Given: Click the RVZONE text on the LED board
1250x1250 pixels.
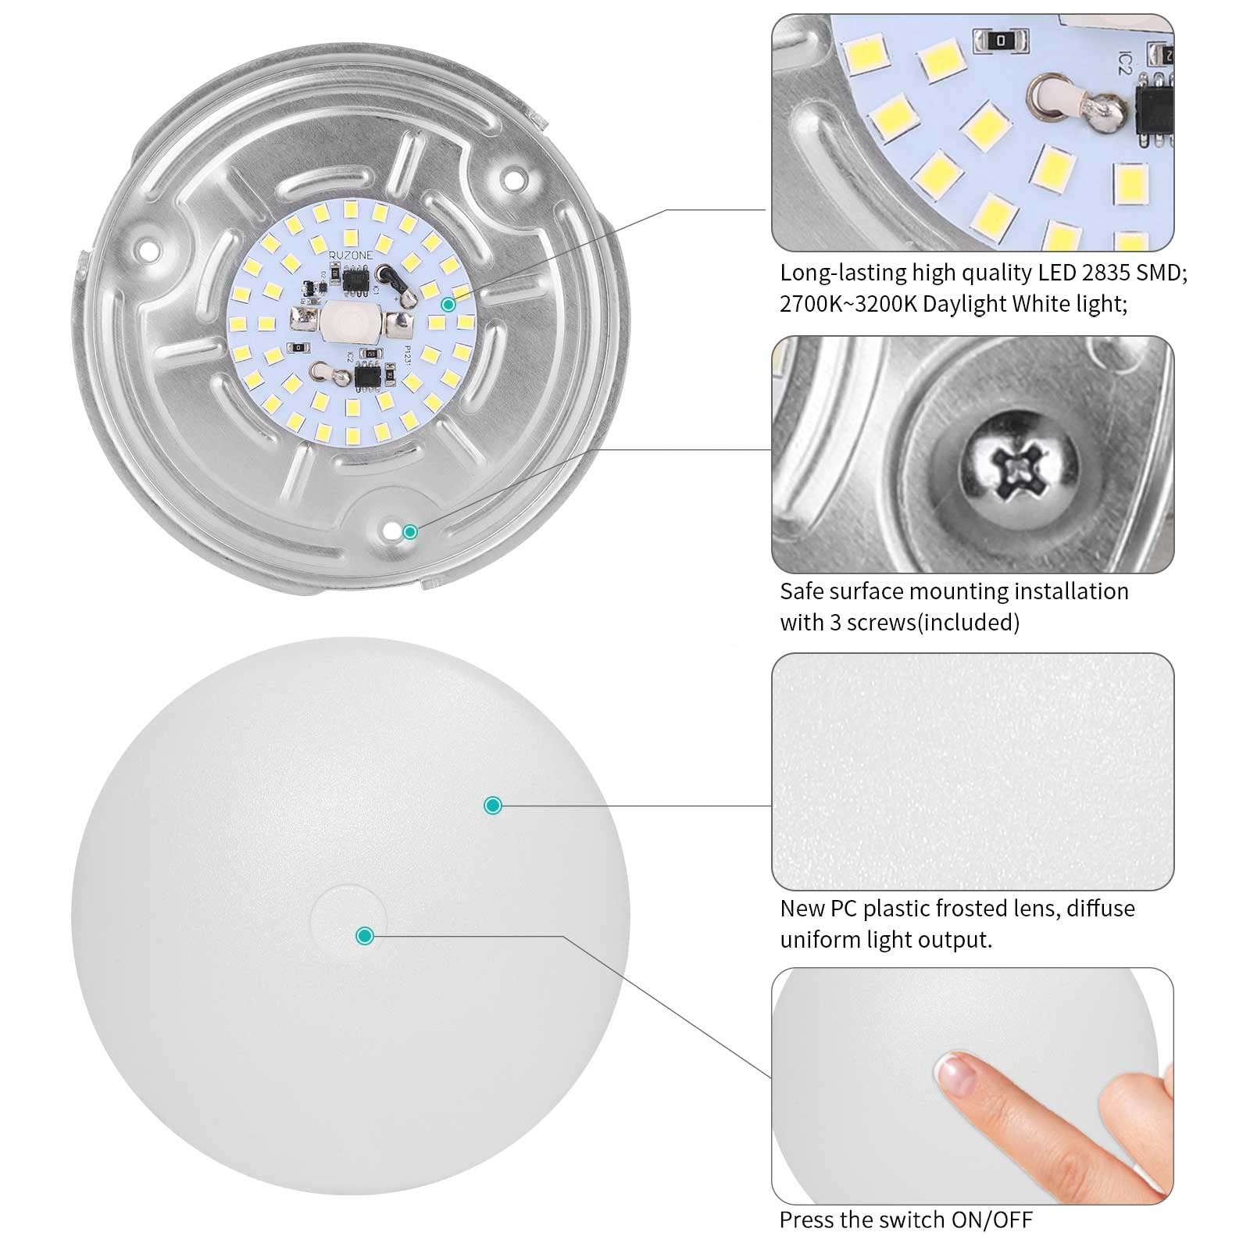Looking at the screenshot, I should (351, 255).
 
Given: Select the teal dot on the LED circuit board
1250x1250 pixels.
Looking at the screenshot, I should (448, 305).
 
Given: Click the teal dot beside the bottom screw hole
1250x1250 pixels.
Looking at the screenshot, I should (409, 533).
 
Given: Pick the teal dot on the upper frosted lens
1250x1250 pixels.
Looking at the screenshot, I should (492, 805).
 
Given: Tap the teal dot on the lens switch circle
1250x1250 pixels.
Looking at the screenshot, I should (364, 935).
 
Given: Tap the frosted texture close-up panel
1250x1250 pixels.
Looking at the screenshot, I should (972, 771).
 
